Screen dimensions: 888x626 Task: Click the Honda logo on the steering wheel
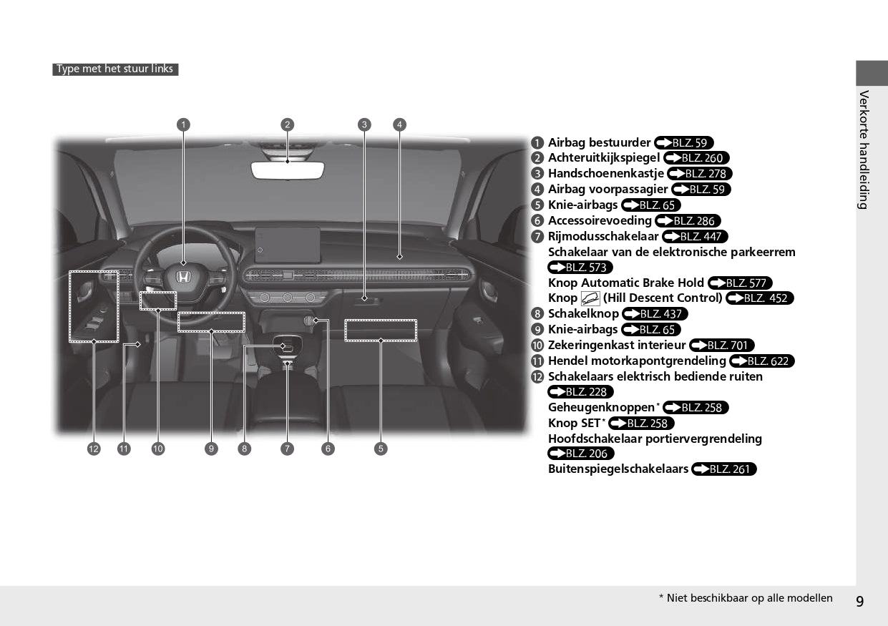[x=183, y=277]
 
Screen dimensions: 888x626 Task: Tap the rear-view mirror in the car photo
[x=288, y=170]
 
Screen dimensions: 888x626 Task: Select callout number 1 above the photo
[x=183, y=125]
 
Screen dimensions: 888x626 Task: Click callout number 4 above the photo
[x=399, y=125]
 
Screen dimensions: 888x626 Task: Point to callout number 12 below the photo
[x=94, y=449]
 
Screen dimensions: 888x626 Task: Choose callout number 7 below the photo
[x=288, y=449]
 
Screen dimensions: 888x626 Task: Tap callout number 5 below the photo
[x=381, y=449]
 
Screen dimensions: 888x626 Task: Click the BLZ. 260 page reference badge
[x=696, y=158]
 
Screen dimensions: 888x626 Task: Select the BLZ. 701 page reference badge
[x=722, y=346]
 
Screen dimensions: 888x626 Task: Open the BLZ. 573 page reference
[x=580, y=268]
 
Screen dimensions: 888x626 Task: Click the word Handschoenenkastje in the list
[x=606, y=173]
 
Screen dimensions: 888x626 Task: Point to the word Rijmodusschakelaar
[x=603, y=236]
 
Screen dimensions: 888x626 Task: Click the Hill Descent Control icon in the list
[x=590, y=298]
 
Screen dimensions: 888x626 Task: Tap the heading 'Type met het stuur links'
[x=115, y=69]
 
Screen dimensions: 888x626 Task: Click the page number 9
[x=860, y=602]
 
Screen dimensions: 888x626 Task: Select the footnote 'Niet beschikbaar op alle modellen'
[x=749, y=598]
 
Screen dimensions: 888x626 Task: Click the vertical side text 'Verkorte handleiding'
[x=864, y=150]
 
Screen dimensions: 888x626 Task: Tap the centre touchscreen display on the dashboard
[x=288, y=245]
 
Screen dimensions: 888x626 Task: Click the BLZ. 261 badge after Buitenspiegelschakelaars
[x=724, y=469]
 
